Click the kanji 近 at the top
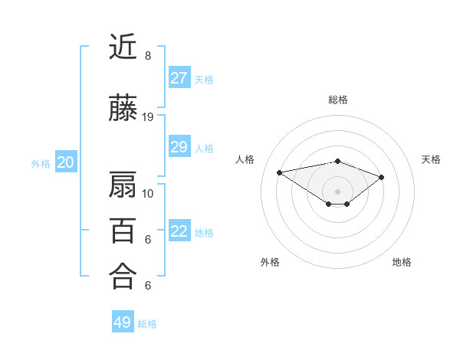(x=123, y=47)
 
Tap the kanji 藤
(x=123, y=109)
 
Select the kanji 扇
(x=123, y=185)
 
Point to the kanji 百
(x=123, y=231)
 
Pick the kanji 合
(x=123, y=276)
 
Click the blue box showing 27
(x=179, y=78)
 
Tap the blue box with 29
(x=179, y=147)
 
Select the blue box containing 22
(x=179, y=231)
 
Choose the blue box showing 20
(x=66, y=162)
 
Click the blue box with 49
(x=123, y=322)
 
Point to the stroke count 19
(x=148, y=117)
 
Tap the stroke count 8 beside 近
(x=147, y=56)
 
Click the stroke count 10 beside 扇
(x=148, y=194)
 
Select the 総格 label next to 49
(x=147, y=324)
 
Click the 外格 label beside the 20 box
(x=41, y=164)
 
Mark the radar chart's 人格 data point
(x=279, y=172)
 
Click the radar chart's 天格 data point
(x=382, y=177)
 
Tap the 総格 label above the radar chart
(x=338, y=100)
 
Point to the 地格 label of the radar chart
(x=402, y=262)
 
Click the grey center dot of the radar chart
(x=338, y=191)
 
